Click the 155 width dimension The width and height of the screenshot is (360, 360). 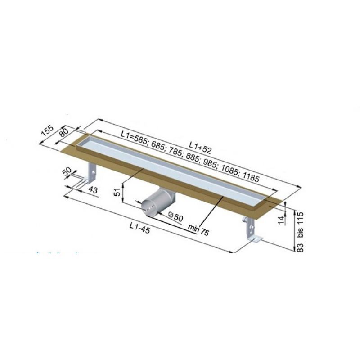(x=47, y=130)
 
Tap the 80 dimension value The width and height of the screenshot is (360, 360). (x=63, y=132)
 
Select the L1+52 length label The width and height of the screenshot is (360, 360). (x=200, y=148)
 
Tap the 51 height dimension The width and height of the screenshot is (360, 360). (x=117, y=192)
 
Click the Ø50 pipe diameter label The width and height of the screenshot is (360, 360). (x=175, y=216)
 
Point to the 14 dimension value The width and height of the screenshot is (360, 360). (x=281, y=220)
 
